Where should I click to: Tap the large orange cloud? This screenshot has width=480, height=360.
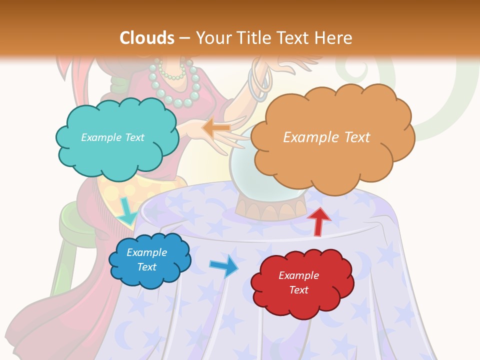click(x=332, y=160)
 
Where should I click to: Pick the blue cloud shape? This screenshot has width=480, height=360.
click(x=150, y=276)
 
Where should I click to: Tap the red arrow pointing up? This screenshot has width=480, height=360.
click(x=318, y=221)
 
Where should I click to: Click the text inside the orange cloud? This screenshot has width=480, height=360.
click(x=326, y=137)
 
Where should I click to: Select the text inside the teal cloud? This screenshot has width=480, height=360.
click(x=112, y=137)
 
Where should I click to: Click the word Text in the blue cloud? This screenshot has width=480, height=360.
click(x=147, y=267)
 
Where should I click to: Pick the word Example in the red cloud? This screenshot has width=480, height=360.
click(x=298, y=275)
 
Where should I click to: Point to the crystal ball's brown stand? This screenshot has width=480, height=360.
click(x=270, y=209)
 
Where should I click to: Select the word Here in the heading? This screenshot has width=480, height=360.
click(x=335, y=38)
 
